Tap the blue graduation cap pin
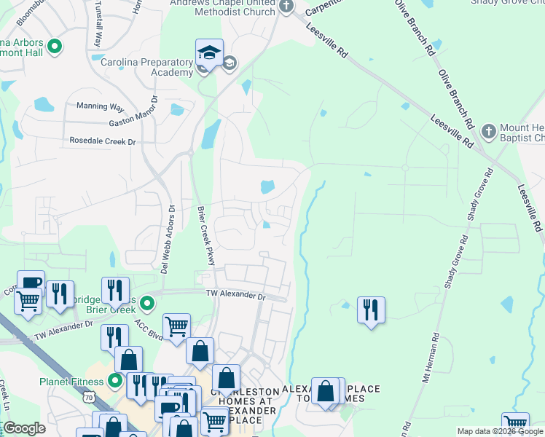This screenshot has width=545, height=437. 209,53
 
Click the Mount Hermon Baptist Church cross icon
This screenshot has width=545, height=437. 489,133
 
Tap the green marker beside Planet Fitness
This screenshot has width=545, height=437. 115,380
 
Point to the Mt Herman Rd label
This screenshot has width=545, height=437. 430,358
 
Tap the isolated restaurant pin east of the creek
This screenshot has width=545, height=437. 371,310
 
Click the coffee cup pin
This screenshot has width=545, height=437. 31,283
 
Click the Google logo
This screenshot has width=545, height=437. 24,428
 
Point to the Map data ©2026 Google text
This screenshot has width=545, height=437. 501,432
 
